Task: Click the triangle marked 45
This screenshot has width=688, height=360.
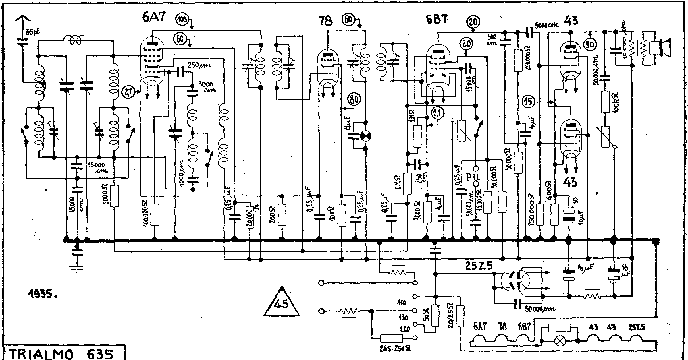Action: pos(282,303)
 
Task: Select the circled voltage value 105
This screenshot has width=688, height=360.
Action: pos(183,20)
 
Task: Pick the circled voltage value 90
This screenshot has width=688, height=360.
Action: pos(591,45)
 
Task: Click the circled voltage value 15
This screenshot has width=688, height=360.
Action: pos(528,102)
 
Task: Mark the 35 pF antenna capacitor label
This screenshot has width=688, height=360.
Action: pos(32,32)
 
